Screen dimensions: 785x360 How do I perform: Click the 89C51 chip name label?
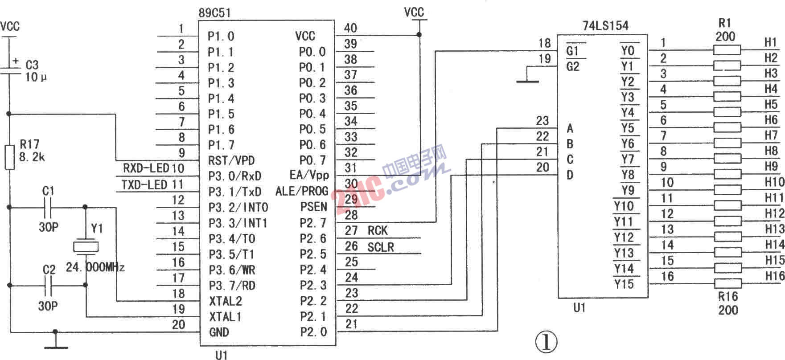click(x=215, y=12)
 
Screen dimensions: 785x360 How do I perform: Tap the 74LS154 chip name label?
click(x=605, y=26)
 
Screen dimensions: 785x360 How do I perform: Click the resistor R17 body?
click(x=9, y=157)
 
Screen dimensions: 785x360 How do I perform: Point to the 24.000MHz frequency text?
click(x=95, y=267)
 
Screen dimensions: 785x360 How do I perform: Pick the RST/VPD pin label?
click(x=232, y=160)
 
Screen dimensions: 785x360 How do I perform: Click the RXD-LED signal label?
click(x=146, y=168)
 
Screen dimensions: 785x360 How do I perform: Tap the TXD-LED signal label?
click(x=145, y=184)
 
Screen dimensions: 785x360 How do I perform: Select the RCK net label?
click(x=378, y=231)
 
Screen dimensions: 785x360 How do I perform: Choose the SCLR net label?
click(x=381, y=247)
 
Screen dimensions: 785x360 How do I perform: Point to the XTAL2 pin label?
click(x=226, y=301)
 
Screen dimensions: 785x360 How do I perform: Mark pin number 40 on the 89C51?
click(x=351, y=28)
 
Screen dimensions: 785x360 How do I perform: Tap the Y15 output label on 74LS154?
click(x=624, y=284)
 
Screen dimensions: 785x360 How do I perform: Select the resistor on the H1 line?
click(x=727, y=49)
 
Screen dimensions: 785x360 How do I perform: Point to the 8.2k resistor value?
click(x=32, y=157)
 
